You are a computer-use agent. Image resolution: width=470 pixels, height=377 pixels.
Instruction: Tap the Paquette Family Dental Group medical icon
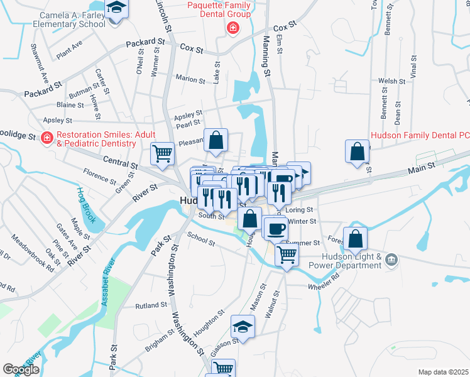point(232,28)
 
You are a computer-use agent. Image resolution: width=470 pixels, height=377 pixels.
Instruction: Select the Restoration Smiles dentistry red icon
point(46,138)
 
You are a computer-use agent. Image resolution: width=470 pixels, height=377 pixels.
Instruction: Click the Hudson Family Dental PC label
point(420,134)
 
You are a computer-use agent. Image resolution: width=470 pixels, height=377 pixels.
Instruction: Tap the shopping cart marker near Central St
point(163,153)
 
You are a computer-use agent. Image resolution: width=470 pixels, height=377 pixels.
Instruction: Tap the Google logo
point(21,369)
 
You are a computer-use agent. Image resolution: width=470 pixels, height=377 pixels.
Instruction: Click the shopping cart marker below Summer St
point(287,254)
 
